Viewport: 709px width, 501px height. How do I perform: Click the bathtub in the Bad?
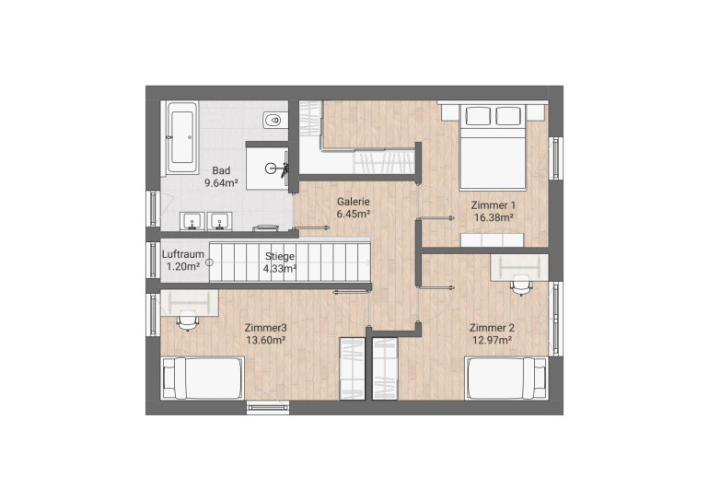[181, 137]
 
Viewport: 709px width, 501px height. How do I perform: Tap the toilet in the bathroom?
[273, 121]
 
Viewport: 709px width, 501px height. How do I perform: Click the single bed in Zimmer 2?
[506, 378]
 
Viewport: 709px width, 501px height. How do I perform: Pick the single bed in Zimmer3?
[203, 378]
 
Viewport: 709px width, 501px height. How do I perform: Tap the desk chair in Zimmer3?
[187, 320]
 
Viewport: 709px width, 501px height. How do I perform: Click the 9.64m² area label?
[222, 183]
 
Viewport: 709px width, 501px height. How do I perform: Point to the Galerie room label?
[354, 202]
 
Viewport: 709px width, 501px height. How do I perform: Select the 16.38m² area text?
[494, 217]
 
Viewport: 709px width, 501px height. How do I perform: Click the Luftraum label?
[183, 254]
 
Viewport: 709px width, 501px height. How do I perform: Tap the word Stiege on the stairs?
[280, 256]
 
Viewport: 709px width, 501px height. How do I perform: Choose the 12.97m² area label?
[493, 340]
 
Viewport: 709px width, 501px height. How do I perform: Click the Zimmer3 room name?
[265, 328]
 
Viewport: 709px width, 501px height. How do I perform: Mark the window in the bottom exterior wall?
[268, 407]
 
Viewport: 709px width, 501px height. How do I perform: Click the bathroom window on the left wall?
[153, 208]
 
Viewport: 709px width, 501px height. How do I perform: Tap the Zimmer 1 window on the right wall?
[556, 157]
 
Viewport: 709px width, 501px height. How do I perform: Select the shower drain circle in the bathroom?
[270, 169]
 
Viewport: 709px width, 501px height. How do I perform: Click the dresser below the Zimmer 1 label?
[492, 239]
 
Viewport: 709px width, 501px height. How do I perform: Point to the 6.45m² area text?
[354, 214]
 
